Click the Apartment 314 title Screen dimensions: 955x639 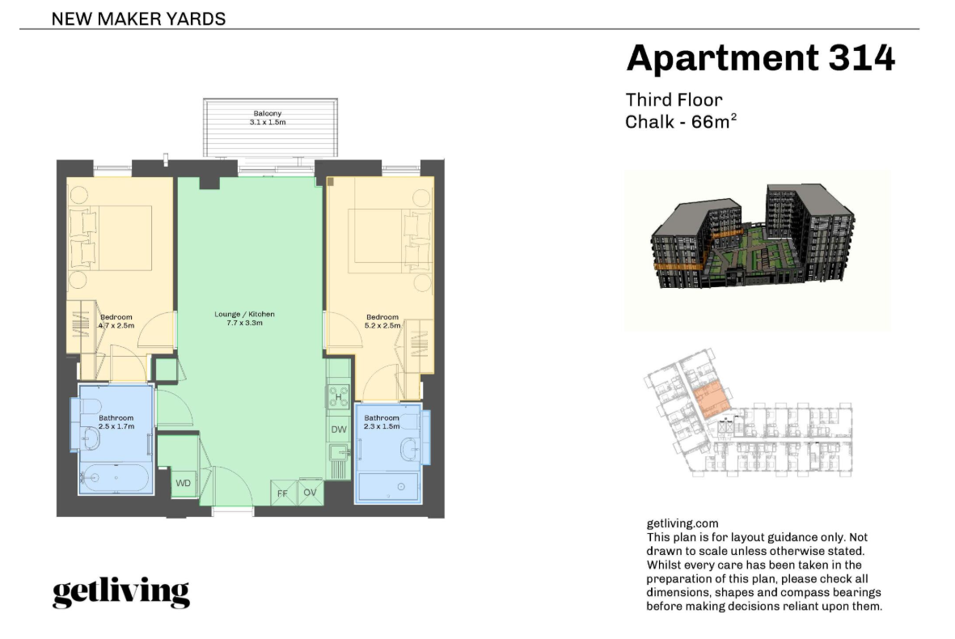[760, 58]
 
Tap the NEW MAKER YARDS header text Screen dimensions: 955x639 [138, 19]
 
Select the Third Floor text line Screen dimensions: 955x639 [674, 100]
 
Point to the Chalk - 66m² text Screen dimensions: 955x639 [681, 121]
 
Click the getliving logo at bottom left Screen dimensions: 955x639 [121, 591]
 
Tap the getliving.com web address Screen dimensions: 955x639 [682, 523]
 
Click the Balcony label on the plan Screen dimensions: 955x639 [268, 113]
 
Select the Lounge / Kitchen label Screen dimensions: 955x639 [244, 315]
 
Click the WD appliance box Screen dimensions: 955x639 [184, 484]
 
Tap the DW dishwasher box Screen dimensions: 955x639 [339, 429]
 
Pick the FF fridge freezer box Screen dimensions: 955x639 [283, 493]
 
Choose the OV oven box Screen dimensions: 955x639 [310, 493]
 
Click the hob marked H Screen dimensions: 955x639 [338, 396]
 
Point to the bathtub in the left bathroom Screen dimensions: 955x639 [115, 478]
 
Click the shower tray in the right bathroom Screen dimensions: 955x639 [389, 487]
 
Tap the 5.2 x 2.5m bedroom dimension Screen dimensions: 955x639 [382, 326]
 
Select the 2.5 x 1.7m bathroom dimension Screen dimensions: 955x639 [116, 426]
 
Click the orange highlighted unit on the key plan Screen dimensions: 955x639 [712, 400]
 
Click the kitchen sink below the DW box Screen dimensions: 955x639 [338, 452]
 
